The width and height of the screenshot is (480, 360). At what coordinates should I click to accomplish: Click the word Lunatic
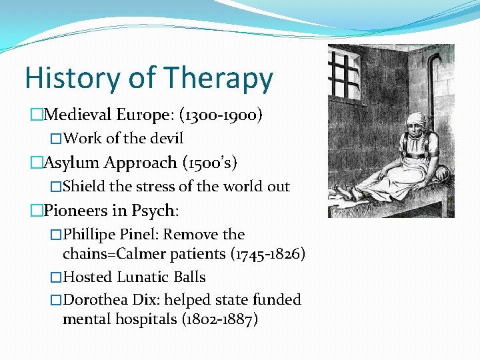(x=143, y=277)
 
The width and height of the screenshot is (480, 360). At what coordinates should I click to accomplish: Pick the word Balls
(x=189, y=277)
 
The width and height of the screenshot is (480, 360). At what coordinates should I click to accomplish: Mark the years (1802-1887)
(x=219, y=319)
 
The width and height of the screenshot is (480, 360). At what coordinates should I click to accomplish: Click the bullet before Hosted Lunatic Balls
(x=56, y=277)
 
